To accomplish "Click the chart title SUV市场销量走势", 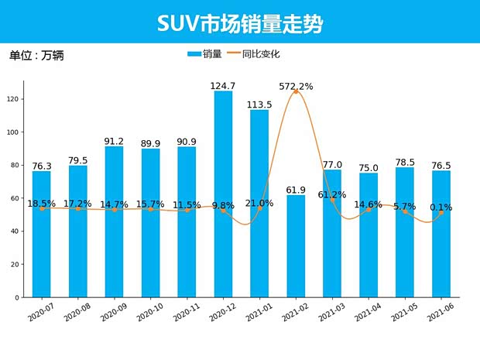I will (240, 23).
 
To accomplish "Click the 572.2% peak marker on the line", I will (296, 92).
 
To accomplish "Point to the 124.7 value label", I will (223, 86).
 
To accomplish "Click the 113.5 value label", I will (259, 105).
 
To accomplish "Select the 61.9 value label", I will (296, 190).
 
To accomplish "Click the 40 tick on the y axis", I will (15, 231).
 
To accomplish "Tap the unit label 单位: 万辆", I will (36, 56).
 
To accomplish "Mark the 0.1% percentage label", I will (441, 207).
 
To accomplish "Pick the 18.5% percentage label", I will (42, 204).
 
